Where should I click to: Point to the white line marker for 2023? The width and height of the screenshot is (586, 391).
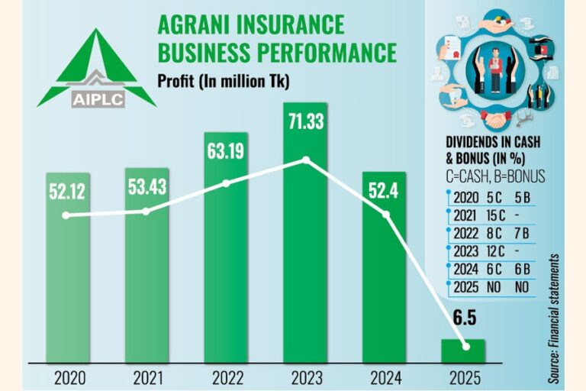coord(306,160)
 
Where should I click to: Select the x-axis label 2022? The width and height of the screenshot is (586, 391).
coord(225,377)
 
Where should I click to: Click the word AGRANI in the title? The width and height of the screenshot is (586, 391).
coord(197,25)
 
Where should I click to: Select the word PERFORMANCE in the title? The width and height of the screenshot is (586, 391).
coord(332,52)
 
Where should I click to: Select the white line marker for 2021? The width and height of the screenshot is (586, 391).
coord(146,211)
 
